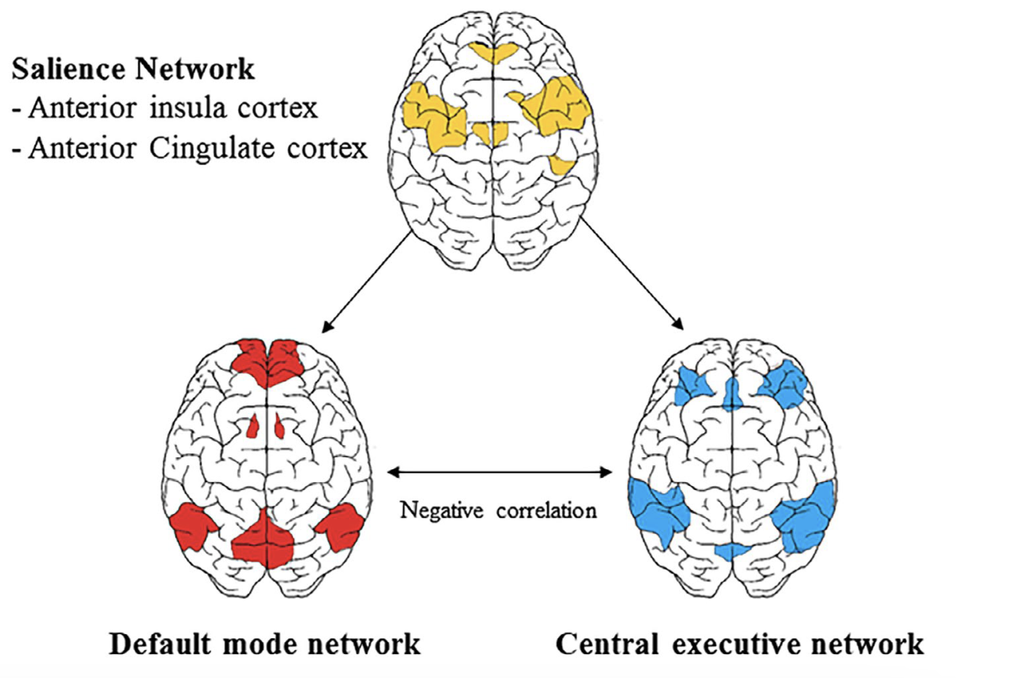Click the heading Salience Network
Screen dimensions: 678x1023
tap(133, 70)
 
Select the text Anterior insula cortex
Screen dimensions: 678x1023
tap(165, 109)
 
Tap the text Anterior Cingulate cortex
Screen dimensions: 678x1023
tap(189, 149)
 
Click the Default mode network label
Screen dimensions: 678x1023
tap(265, 644)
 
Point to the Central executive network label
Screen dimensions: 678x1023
tap(739, 644)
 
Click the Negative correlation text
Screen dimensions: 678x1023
tap(499, 510)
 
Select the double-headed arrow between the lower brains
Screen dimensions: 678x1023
tap(499, 473)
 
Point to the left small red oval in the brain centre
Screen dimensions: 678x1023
tap(253, 428)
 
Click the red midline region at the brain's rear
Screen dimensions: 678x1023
tap(264, 540)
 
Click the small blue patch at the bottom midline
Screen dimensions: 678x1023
tap(734, 551)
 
